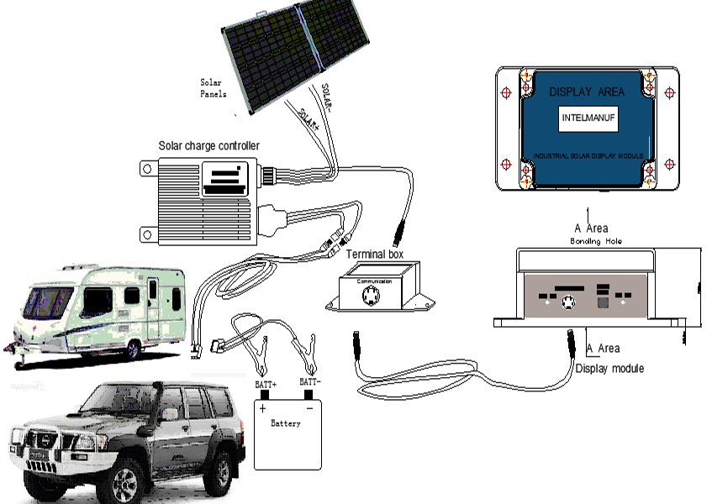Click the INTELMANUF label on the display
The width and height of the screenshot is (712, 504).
[x=588, y=119]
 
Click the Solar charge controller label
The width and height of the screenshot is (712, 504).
[x=209, y=146]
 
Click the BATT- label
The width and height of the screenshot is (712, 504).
[x=311, y=382]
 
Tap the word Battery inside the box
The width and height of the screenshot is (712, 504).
[x=286, y=423]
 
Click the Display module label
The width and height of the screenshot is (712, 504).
[x=609, y=368]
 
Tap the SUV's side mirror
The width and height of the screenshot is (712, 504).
[x=170, y=414]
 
